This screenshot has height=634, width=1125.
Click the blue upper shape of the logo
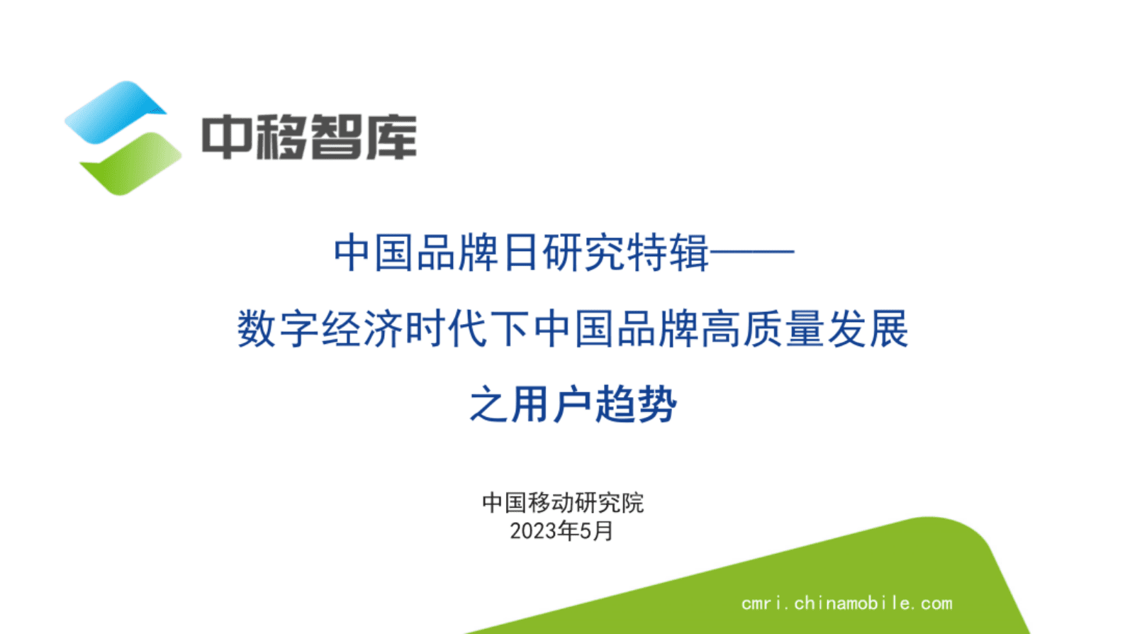113,111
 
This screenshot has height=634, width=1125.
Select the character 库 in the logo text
392,137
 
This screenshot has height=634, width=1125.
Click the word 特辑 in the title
668,252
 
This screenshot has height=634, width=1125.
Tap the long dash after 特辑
752,252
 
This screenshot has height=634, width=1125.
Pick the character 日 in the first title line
521,252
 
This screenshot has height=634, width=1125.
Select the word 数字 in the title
279,329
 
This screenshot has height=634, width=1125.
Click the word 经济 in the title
363,329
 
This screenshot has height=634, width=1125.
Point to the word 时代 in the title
447,329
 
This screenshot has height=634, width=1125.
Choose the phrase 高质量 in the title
763,329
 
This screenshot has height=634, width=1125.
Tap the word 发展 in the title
868,329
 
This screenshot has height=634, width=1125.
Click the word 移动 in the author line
551,503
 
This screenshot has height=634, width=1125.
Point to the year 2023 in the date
533,531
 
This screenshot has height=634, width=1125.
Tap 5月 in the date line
596,531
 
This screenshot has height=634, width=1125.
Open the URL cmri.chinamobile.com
847,604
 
